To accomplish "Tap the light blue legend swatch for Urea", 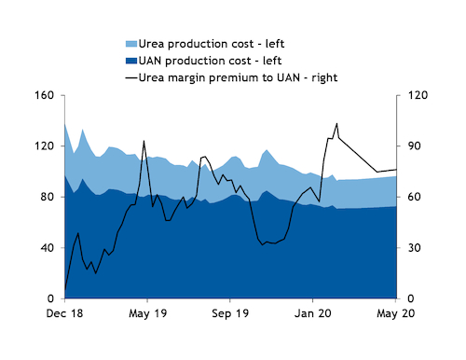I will (130, 44).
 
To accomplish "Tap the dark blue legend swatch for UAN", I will (130, 61).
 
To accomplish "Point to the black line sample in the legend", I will (130, 77).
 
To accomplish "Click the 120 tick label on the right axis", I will (413, 95).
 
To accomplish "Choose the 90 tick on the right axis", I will (410, 146).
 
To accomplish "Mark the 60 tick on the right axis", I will (410, 198).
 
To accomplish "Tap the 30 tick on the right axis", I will (410, 248).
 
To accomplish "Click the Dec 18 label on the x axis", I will (64, 315).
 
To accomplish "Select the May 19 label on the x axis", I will (147, 315).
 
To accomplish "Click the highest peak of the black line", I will (336, 123).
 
